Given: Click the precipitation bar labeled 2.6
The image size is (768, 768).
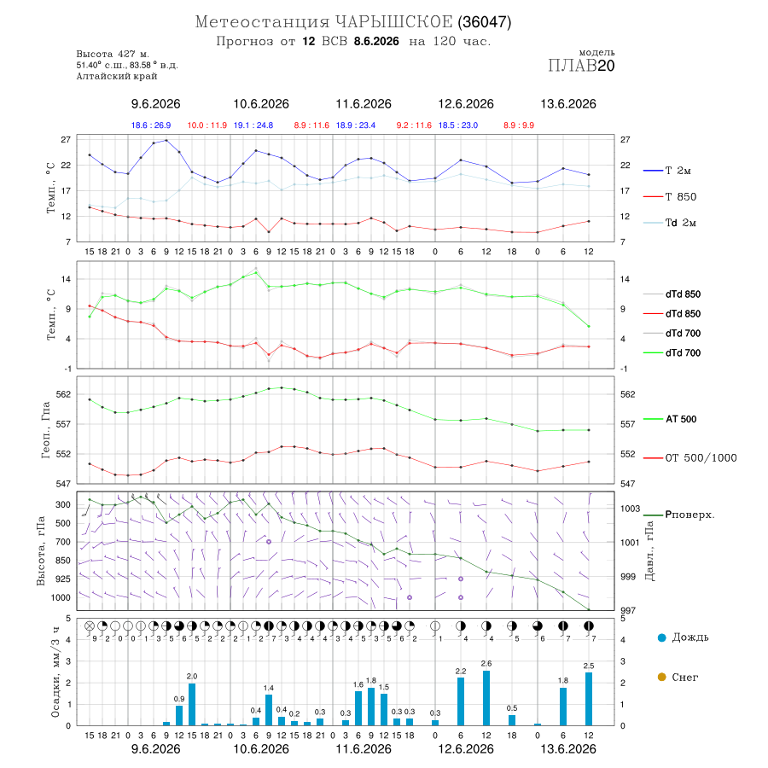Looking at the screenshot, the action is (486, 698).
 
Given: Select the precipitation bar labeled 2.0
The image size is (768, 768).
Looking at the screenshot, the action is (192, 704).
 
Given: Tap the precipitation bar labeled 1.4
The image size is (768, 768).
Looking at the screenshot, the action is (269, 710).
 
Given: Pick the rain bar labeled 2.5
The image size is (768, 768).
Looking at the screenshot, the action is (589, 699).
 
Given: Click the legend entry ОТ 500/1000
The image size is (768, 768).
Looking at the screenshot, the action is (689, 458).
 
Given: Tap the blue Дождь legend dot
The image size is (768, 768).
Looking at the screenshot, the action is (662, 637).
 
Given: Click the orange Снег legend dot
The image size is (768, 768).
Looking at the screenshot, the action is (662, 677).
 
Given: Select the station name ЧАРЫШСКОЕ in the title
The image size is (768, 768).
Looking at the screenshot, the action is (393, 22).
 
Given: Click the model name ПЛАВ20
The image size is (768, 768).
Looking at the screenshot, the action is (581, 66).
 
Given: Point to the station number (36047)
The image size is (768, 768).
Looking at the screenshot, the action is (485, 22).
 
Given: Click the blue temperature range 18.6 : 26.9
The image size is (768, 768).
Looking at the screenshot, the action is (151, 125).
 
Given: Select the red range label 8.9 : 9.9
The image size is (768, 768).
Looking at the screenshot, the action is (519, 125).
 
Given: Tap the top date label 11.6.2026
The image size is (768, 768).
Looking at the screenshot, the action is (364, 104).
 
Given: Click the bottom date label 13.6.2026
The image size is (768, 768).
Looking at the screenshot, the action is (568, 749).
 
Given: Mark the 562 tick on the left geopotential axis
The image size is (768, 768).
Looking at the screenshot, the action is (64, 394).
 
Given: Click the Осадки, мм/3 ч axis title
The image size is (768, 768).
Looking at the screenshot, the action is (55, 672).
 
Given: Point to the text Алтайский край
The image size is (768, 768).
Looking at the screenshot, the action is (117, 76).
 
